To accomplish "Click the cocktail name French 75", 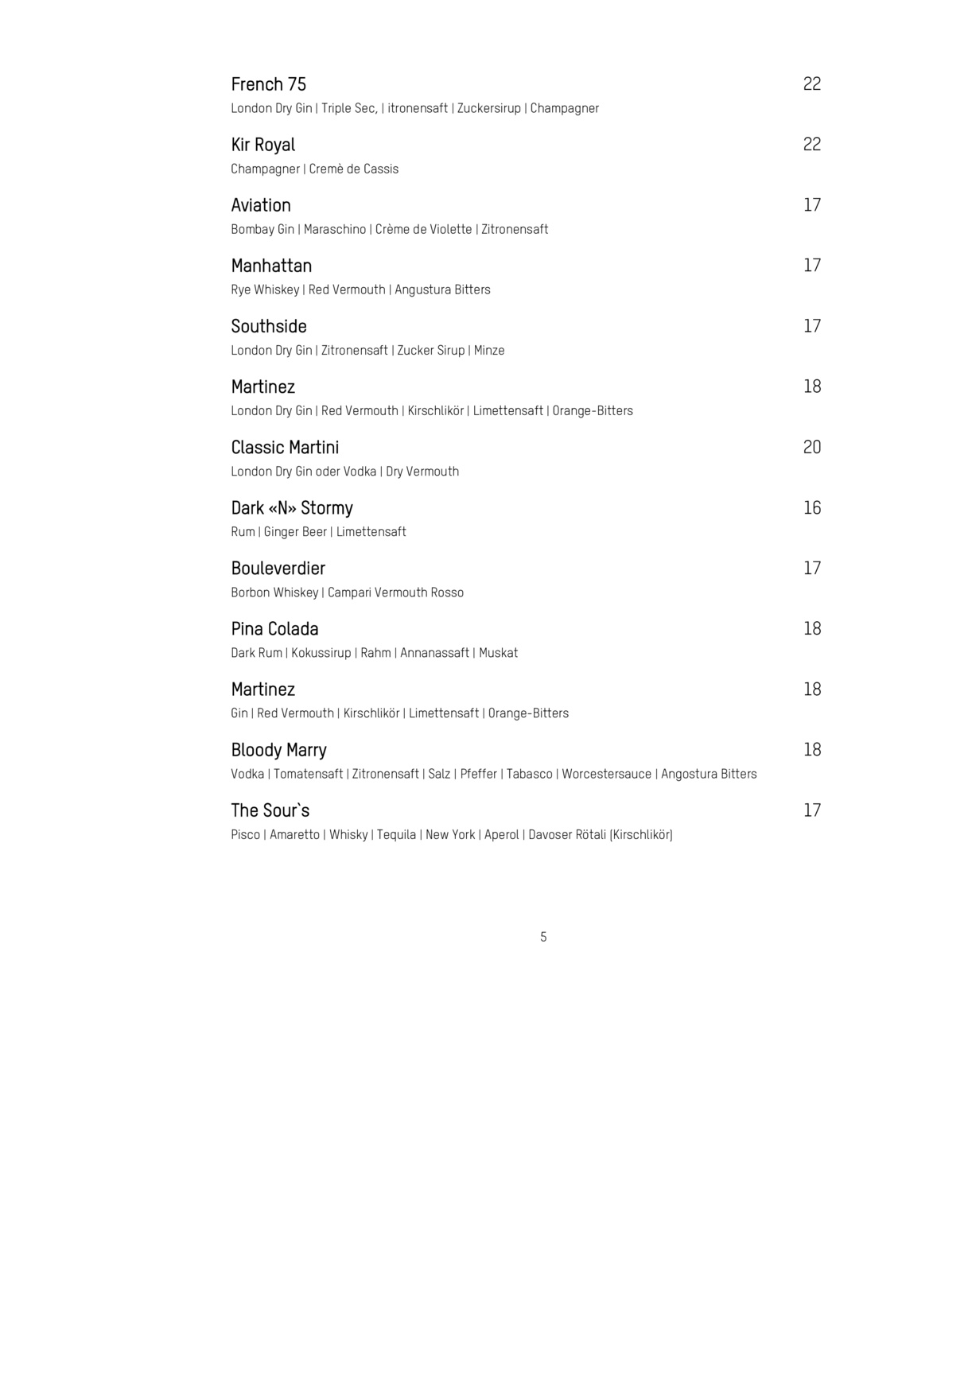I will (268, 84).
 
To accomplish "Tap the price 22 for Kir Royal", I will (811, 145).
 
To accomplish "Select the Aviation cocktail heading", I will (261, 205).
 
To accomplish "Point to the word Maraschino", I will (335, 230).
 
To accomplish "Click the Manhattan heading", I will (271, 266).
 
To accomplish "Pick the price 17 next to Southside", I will (811, 326).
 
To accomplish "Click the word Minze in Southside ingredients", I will (489, 351).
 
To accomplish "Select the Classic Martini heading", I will (285, 448).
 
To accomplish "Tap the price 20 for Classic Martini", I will (811, 448).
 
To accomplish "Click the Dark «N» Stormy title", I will (292, 508).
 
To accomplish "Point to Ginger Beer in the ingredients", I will (295, 532).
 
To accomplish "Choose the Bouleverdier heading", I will (278, 569).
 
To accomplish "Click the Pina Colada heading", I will (274, 629).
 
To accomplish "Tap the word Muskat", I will (498, 653).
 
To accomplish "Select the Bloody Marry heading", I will (278, 750).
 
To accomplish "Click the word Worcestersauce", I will (606, 775).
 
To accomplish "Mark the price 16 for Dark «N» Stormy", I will (811, 508).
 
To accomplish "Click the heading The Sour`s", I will (270, 810).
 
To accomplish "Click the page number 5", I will (543, 937).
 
